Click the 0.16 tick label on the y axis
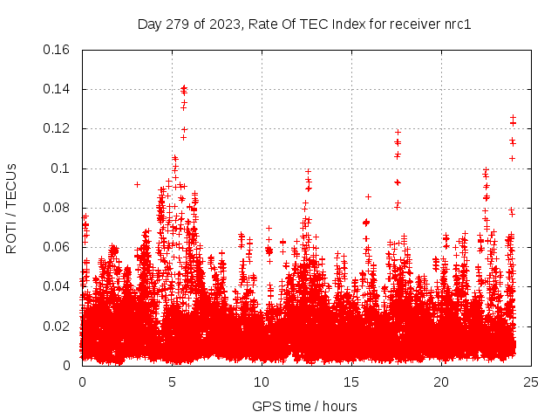58,50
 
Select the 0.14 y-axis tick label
58,89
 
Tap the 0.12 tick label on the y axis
58,128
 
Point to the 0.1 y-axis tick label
62,168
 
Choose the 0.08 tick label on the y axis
58,208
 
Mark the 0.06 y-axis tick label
58,247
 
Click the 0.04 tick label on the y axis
58,286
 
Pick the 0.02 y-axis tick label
58,326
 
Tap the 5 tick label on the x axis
172,381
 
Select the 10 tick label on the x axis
262,381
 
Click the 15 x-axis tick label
351,381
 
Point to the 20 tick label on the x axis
441,381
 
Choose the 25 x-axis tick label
531,381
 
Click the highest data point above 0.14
183,87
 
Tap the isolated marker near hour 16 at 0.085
368,196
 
